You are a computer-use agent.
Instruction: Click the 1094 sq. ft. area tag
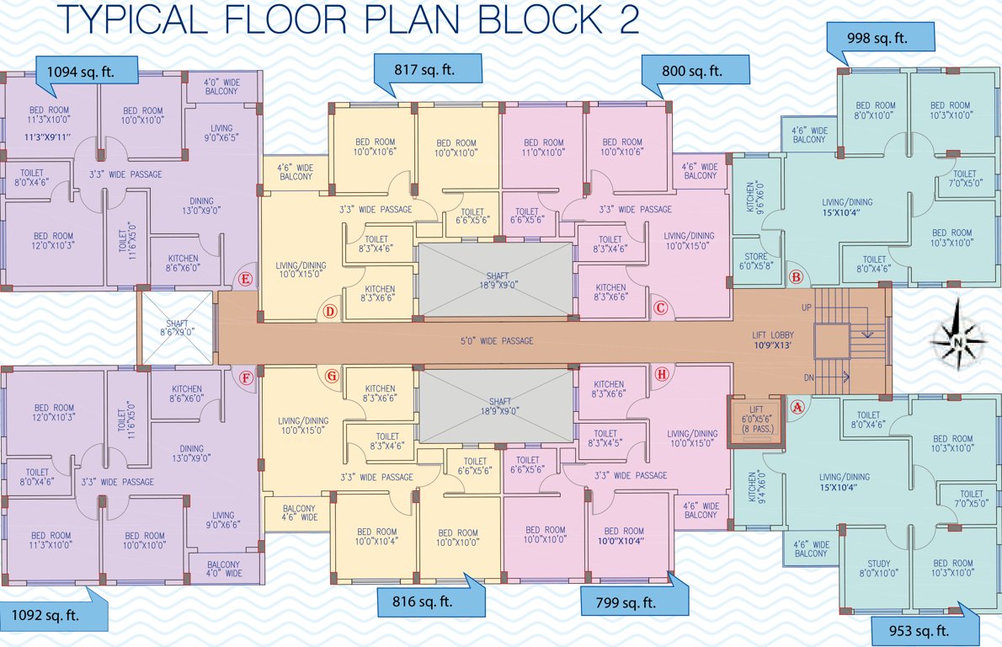click(x=86, y=71)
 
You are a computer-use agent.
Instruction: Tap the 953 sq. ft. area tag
click(x=923, y=629)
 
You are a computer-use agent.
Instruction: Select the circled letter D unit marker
click(x=330, y=312)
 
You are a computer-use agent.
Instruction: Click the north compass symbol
click(x=958, y=340)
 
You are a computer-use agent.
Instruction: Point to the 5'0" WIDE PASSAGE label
click(x=486, y=341)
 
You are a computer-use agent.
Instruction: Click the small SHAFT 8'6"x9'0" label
click(x=177, y=327)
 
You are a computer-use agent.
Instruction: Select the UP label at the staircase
click(x=807, y=308)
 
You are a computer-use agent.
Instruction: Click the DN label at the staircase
click(x=807, y=377)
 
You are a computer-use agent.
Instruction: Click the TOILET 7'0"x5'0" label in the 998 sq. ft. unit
click(x=964, y=179)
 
